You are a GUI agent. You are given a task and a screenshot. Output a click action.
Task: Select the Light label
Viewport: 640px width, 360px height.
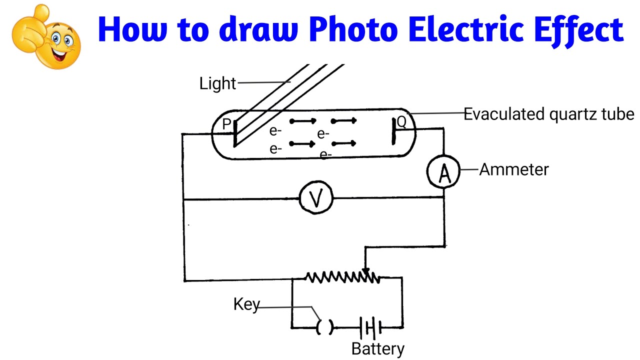(217, 83)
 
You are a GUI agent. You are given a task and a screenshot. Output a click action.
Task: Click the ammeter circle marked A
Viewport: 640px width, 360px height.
(442, 172)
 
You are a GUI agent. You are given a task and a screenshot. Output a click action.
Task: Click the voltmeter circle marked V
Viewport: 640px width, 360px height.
(315, 199)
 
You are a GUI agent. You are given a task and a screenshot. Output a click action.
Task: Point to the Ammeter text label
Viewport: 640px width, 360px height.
(513, 169)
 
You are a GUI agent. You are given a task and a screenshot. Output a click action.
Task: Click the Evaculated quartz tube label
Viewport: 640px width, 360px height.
(548, 114)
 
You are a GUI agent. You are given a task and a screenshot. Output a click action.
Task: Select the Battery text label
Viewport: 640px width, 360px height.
(377, 349)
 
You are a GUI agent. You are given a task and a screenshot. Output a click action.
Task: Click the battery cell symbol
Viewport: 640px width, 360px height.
(370, 327)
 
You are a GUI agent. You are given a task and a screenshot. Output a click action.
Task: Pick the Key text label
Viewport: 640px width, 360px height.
(246, 304)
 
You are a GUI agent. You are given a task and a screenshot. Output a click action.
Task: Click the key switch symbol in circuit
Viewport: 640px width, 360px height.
(324, 327)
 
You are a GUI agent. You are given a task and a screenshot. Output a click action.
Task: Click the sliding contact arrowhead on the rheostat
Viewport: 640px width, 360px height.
(366, 271)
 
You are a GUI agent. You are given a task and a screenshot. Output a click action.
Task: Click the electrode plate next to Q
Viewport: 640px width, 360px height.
(393, 131)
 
